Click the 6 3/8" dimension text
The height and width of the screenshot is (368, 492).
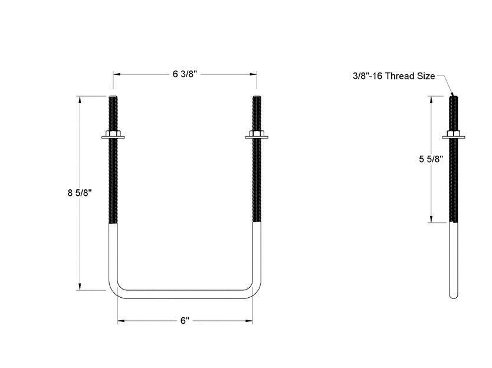(x=185, y=74)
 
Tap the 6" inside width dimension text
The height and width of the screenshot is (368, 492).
(x=185, y=321)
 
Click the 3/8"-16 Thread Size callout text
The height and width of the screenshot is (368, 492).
(x=393, y=76)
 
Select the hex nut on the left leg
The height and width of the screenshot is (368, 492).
(x=113, y=136)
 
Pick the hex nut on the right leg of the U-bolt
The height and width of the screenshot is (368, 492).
(x=256, y=136)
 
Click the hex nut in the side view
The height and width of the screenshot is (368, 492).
(x=452, y=136)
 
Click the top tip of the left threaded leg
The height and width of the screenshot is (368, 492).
(x=113, y=97)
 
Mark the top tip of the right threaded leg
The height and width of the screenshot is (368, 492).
(x=256, y=97)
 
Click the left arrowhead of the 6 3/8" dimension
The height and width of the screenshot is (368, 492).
(x=116, y=74)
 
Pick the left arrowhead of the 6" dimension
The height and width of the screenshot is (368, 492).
(x=120, y=321)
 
